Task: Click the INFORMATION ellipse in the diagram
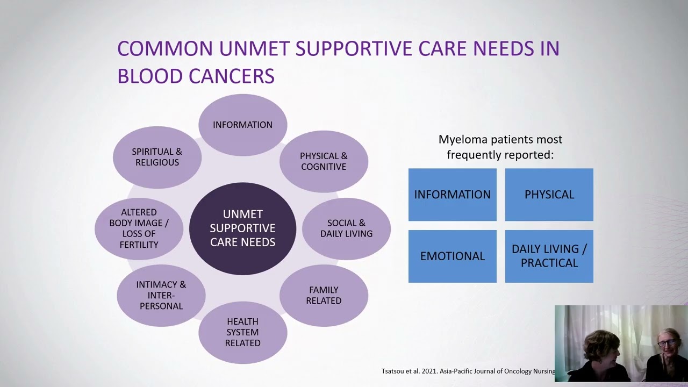[243, 125]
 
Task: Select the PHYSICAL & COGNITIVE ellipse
[324, 161]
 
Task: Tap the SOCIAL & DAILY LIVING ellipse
[346, 228]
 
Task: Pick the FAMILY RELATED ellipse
[324, 296]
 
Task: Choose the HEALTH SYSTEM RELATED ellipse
[243, 332]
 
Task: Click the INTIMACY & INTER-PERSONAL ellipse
[161, 295]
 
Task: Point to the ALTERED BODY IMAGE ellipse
[139, 228]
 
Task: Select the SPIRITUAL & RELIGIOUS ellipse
[157, 157]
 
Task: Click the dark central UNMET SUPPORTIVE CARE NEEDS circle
[243, 228]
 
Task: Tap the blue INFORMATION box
[453, 195]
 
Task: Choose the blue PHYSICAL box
[549, 195]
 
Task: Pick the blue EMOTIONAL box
[453, 256]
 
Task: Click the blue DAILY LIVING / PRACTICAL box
[549, 256]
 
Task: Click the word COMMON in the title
[165, 48]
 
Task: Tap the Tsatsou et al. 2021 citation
[468, 371]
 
